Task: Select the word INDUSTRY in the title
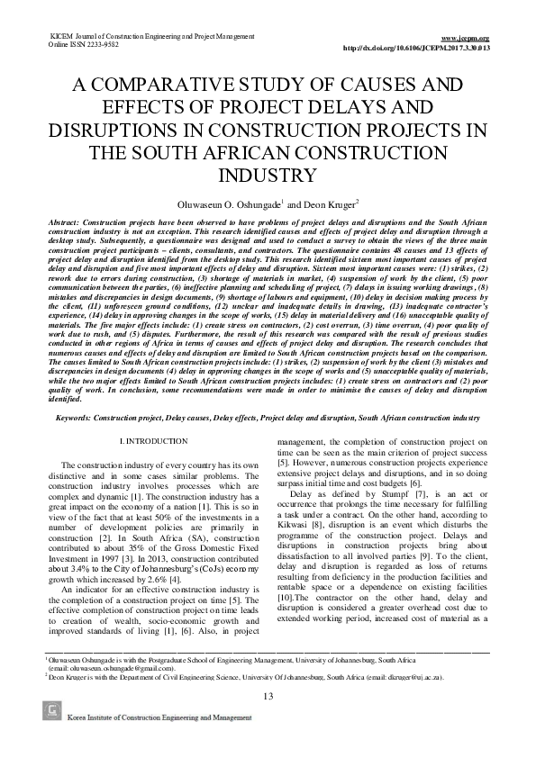(268, 174)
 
